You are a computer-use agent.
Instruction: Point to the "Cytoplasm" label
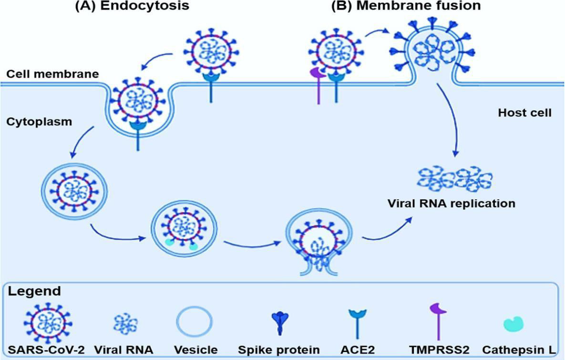pyautogui.click(x=39, y=121)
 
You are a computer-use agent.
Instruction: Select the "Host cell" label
pyautogui.click(x=524, y=113)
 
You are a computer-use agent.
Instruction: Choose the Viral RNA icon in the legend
pyautogui.click(x=125, y=324)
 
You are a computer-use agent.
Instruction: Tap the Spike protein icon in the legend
pyautogui.click(x=280, y=322)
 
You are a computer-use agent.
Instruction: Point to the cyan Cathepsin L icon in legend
pyautogui.click(x=514, y=323)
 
